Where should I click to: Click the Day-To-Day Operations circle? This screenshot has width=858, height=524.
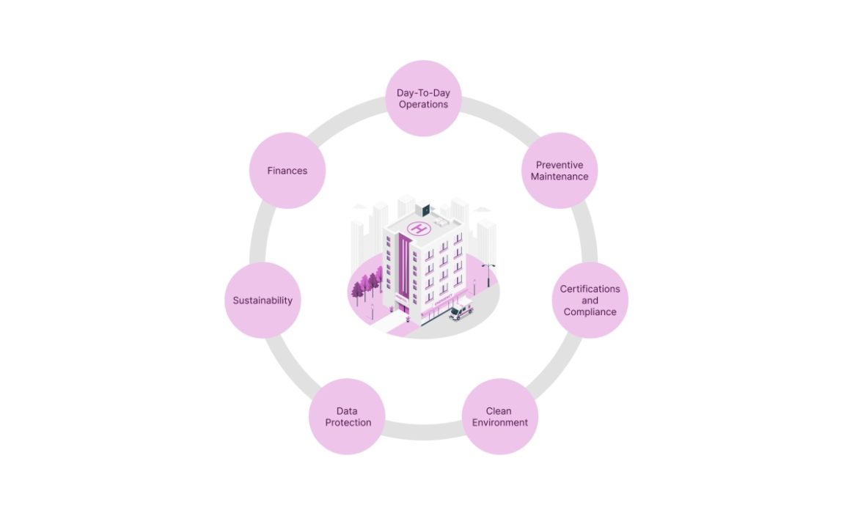(423, 98)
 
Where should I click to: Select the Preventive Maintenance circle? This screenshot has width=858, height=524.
(560, 171)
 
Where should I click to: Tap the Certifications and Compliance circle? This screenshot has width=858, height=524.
(590, 300)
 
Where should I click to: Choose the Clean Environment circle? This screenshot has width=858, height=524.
(499, 416)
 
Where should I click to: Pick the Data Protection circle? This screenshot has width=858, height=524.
(348, 416)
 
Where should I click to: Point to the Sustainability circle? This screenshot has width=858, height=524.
(263, 300)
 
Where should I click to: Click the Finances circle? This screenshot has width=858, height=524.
(287, 171)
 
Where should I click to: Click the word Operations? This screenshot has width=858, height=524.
(423, 104)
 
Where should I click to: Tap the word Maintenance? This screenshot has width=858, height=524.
(560, 177)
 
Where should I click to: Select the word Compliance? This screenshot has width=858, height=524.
(590, 311)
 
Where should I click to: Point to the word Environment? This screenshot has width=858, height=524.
(499, 422)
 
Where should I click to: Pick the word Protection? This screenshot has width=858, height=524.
(348, 422)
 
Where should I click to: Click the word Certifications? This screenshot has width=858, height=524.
(590, 289)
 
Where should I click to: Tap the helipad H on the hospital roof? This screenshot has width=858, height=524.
(419, 229)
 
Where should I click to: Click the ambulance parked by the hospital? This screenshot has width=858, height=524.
(461, 312)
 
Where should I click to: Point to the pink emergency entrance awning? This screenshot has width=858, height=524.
(442, 302)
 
